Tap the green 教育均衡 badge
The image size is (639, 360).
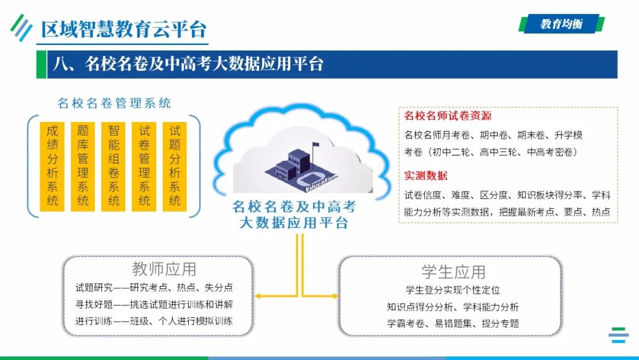(x=561, y=24)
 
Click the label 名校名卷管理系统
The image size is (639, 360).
(x=114, y=103)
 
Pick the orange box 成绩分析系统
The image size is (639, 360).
(x=53, y=165)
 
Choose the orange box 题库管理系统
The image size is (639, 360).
(x=83, y=165)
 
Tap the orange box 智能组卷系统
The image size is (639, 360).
(x=114, y=165)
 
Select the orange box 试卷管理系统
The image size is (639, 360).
(x=144, y=165)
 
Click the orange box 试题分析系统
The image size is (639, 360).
(x=175, y=165)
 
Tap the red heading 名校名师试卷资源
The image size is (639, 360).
(x=448, y=115)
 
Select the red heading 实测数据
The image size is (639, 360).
(x=426, y=175)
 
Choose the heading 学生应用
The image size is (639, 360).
(x=453, y=272)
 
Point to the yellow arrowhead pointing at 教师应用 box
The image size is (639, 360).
(x=259, y=296)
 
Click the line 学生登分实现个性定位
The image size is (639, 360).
(x=453, y=290)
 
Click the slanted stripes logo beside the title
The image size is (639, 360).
(x=21, y=27)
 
